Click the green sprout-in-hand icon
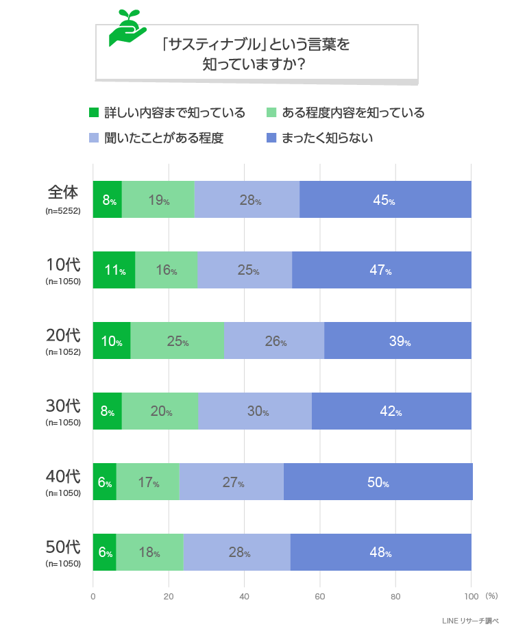pyautogui.click(x=127, y=29)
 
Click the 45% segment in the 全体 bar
pyautogui.click(x=385, y=199)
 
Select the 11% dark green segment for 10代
pyautogui.click(x=114, y=270)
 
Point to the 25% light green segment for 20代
pyautogui.click(x=178, y=340)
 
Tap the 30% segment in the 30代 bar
pyautogui.click(x=256, y=411)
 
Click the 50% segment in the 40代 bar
pyautogui.click(x=378, y=482)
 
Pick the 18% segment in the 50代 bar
pyautogui.click(x=149, y=552)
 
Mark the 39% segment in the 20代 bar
pyautogui.click(x=398, y=340)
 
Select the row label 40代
pyautogui.click(x=63, y=475)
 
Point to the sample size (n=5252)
pyautogui.click(x=63, y=211)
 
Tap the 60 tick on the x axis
pyautogui.click(x=319, y=596)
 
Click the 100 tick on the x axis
pyautogui.click(x=471, y=596)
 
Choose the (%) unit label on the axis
pyautogui.click(x=491, y=596)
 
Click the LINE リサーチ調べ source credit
pyautogui.click(x=472, y=621)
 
